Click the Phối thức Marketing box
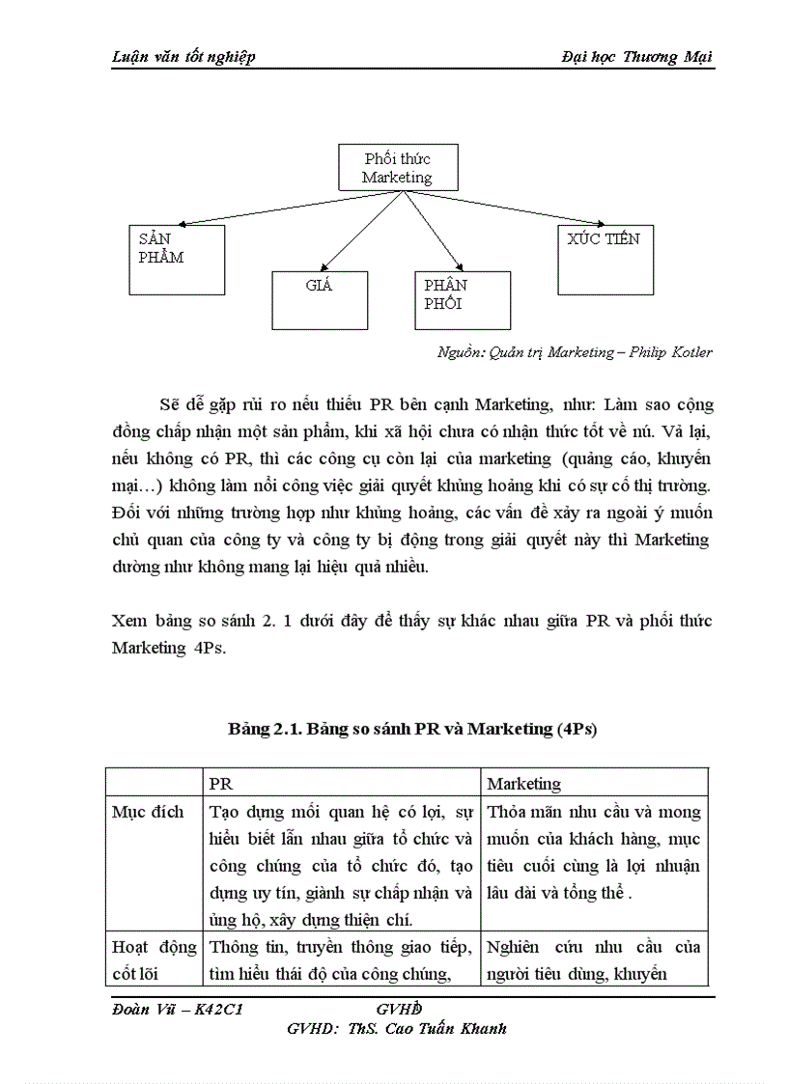[397, 168]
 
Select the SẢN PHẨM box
[177, 260]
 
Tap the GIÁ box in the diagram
[320, 300]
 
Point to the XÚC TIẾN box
[604, 260]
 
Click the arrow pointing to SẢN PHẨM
[280, 208]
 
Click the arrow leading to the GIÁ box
[359, 231]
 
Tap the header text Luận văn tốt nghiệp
[183, 57]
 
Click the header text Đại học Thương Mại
[636, 57]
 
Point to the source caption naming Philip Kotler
[575, 352]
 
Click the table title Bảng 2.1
[412, 729]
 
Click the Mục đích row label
[149, 812]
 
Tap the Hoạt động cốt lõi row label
[154, 959]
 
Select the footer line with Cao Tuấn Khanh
[397, 1028]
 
